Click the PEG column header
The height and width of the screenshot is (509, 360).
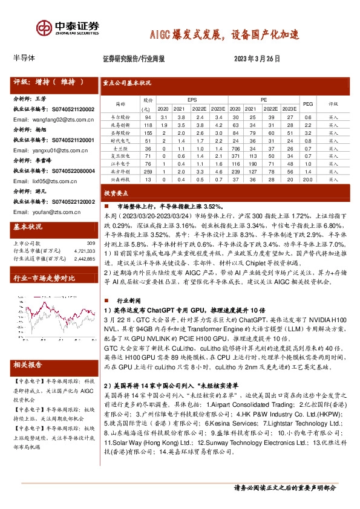coord(307,104)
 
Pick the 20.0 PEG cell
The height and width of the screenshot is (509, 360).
coord(307,180)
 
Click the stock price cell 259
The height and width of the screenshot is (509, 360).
coord(147,172)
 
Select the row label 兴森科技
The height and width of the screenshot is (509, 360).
coord(120,180)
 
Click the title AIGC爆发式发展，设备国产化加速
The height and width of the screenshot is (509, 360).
coord(224,34)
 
